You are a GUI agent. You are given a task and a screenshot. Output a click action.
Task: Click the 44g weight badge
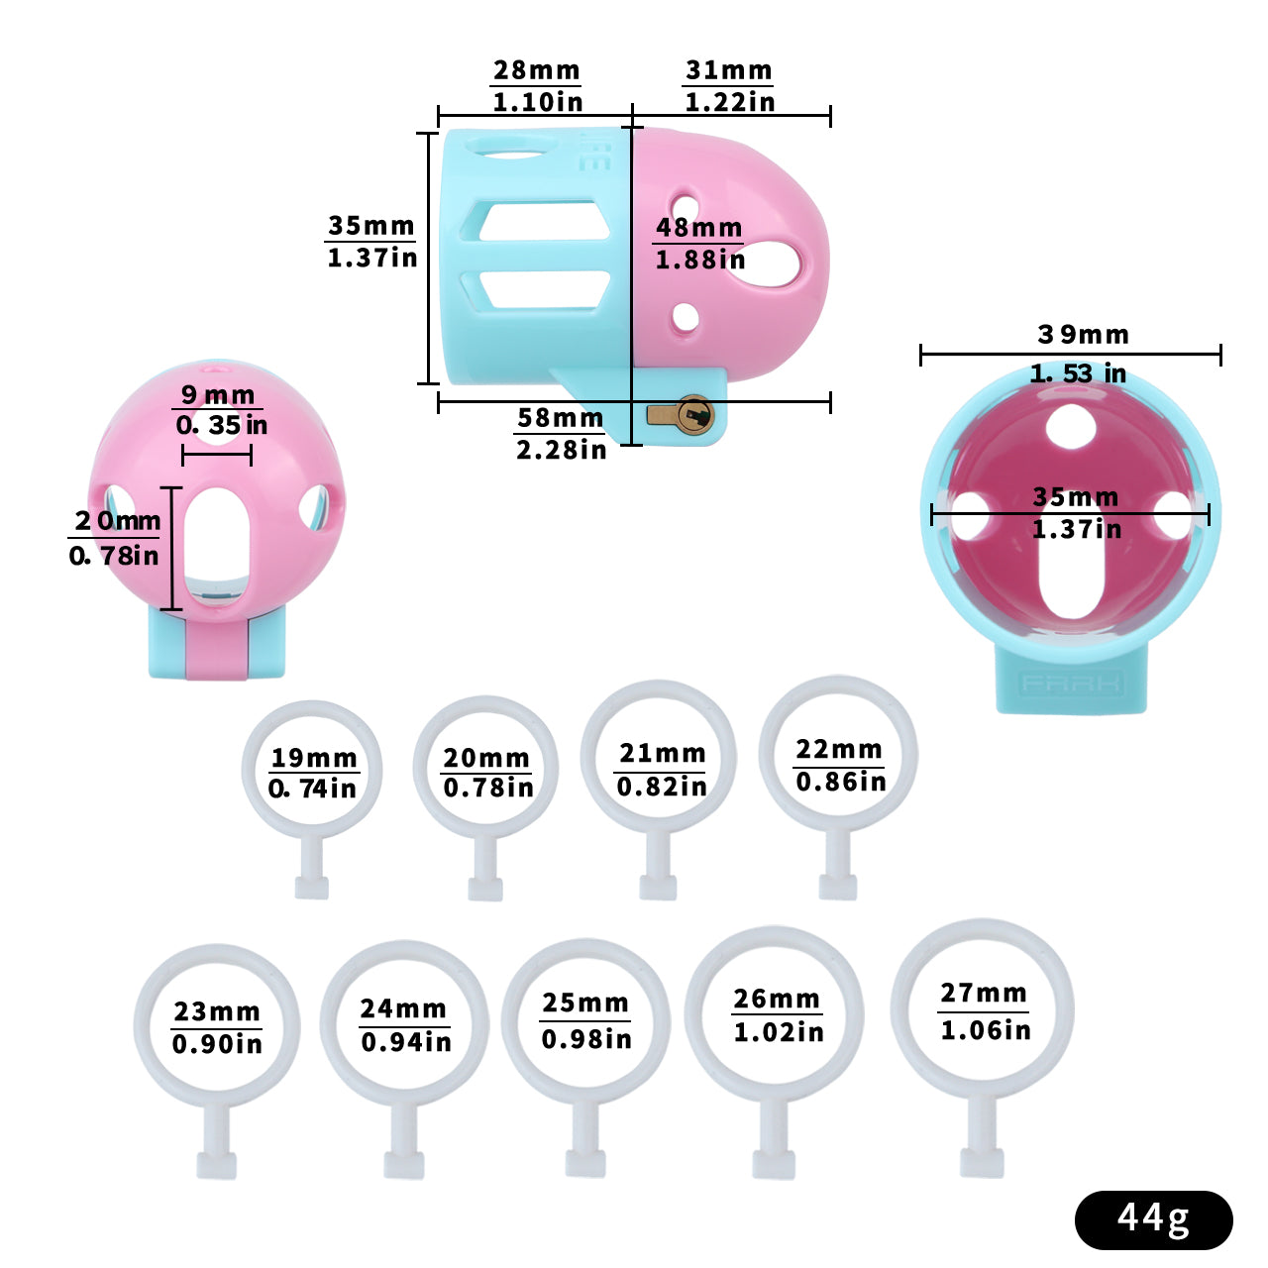(x=1153, y=1219)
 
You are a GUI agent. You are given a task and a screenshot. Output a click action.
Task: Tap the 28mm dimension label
(x=536, y=70)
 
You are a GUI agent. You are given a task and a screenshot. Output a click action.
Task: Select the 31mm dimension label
(x=728, y=70)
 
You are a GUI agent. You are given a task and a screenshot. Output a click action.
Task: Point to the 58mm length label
(x=560, y=418)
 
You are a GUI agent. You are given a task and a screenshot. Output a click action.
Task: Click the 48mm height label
(x=698, y=227)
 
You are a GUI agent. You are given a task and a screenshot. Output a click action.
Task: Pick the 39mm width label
(x=1083, y=335)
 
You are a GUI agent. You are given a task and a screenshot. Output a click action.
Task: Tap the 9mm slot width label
(x=218, y=395)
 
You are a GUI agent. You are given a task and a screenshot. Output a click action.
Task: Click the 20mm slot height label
(x=117, y=521)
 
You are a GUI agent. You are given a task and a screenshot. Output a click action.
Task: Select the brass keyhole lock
(x=693, y=414)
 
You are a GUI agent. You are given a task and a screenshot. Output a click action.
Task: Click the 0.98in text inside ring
(x=586, y=1039)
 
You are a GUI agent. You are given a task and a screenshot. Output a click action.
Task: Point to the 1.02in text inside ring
(x=779, y=1032)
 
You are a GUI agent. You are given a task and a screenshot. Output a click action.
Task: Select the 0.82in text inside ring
(x=662, y=787)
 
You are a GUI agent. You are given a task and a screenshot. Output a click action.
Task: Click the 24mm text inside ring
(x=403, y=1008)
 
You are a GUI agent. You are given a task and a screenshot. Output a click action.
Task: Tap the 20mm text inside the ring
(x=485, y=758)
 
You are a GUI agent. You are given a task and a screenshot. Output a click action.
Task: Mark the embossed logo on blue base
(x=1071, y=684)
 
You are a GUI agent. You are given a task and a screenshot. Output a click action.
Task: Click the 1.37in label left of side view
(x=371, y=258)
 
